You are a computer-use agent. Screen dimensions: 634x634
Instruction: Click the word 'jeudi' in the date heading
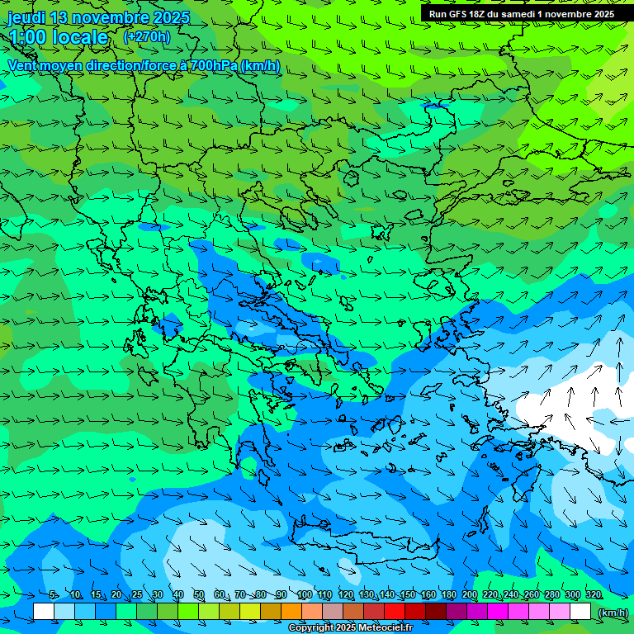[x=26, y=17]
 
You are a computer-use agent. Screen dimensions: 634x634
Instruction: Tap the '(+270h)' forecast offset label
[x=146, y=36]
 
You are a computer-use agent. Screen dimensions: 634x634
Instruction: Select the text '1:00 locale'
[x=58, y=37]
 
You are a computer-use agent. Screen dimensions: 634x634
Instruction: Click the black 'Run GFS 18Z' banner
[x=522, y=14]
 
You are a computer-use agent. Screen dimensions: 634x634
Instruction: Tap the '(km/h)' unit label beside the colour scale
[x=613, y=612]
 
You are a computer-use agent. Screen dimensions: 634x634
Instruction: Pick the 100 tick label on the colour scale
[x=304, y=594]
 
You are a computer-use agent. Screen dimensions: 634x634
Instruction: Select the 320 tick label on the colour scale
[x=594, y=594]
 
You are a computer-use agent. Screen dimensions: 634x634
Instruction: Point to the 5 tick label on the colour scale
[x=54, y=594]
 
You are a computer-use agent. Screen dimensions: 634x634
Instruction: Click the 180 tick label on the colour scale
[x=448, y=594]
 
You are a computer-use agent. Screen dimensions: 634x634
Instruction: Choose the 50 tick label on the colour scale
[x=199, y=594]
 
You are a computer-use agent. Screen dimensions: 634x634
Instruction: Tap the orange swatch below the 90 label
[x=291, y=612]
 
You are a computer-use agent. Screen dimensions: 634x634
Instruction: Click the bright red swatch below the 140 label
[x=395, y=612]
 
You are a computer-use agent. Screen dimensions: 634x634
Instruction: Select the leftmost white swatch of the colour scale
[x=44, y=612]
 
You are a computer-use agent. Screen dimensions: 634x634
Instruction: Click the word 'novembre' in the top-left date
[x=99, y=17]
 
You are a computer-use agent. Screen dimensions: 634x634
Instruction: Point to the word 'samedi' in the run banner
[x=515, y=14]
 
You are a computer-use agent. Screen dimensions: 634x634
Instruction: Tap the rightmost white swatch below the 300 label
[x=580, y=612]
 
